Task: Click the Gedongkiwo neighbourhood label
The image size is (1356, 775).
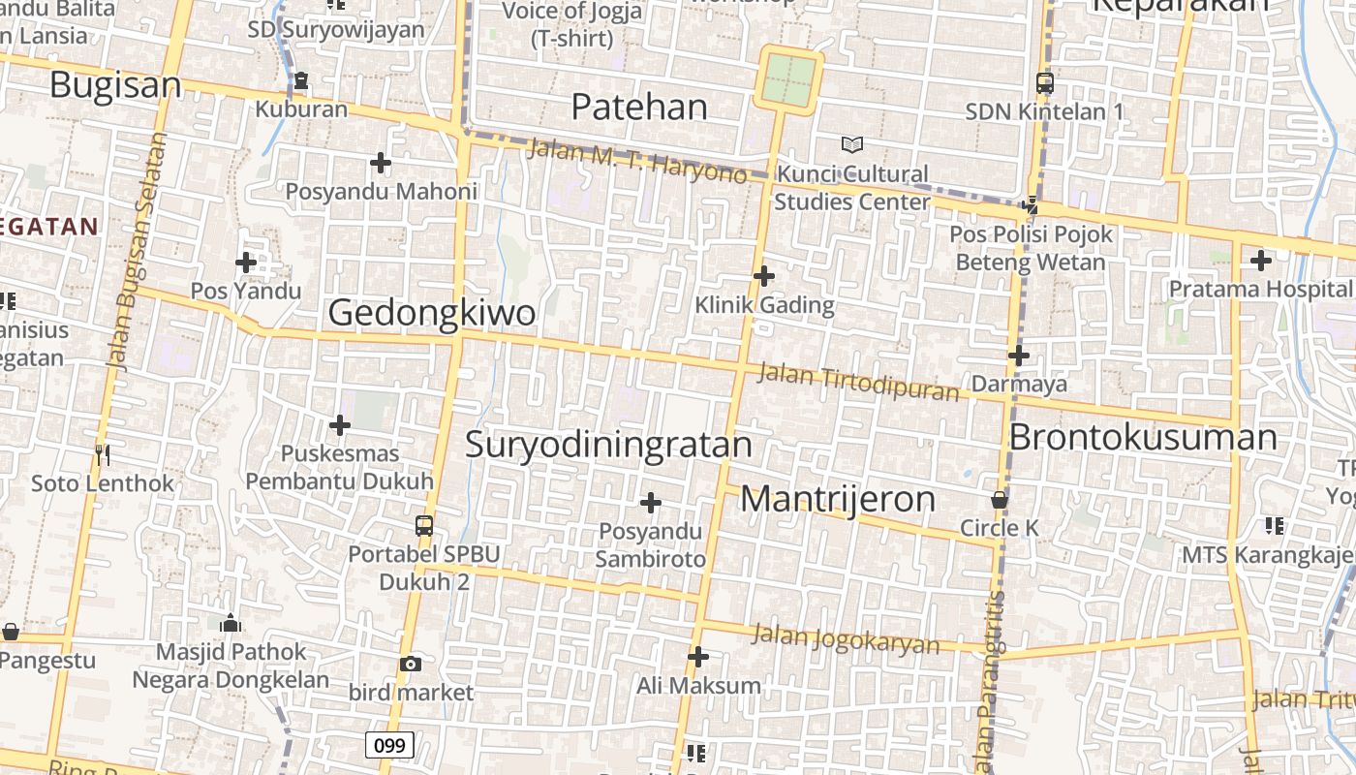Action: [431, 313]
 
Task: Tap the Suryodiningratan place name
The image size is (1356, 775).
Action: [608, 444]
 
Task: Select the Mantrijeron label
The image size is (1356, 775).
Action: [838, 499]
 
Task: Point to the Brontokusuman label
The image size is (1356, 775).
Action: [1143, 437]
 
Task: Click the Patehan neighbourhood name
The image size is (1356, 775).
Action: [639, 107]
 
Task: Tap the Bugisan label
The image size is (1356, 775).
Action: [115, 85]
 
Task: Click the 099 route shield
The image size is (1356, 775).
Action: [389, 745]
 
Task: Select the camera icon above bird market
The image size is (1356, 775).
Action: [411, 664]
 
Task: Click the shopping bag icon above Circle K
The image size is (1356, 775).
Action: [999, 501]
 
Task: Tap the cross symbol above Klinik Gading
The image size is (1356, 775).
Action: [764, 276]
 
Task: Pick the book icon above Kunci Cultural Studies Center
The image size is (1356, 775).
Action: [852, 145]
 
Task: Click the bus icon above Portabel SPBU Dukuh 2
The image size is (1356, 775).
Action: [423, 526]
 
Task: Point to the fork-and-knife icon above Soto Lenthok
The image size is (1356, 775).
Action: [103, 454]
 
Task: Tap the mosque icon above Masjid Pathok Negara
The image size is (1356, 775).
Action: [231, 623]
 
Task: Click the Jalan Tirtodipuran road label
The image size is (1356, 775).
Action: [858, 382]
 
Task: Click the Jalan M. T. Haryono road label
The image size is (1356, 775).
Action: [637, 161]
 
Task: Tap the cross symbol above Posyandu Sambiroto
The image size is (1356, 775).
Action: [651, 503]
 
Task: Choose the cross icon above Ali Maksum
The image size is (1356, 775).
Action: [698, 657]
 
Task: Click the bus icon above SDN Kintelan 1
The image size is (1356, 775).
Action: [1044, 83]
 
